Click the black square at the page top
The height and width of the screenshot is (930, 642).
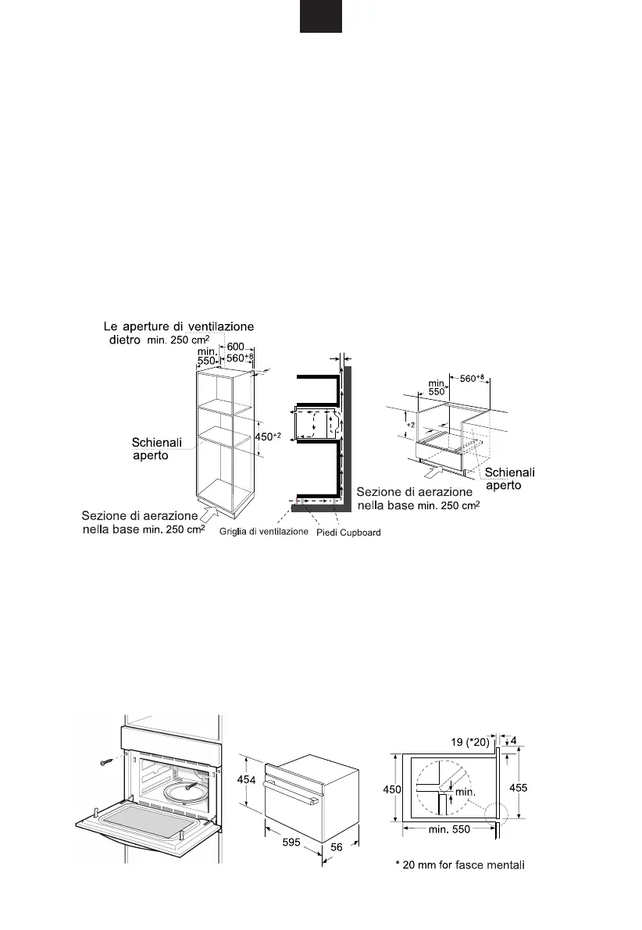[321, 16]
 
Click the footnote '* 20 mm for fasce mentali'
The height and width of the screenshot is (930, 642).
[459, 864]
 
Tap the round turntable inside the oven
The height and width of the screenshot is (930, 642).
[185, 793]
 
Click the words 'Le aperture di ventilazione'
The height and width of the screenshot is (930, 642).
[180, 326]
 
